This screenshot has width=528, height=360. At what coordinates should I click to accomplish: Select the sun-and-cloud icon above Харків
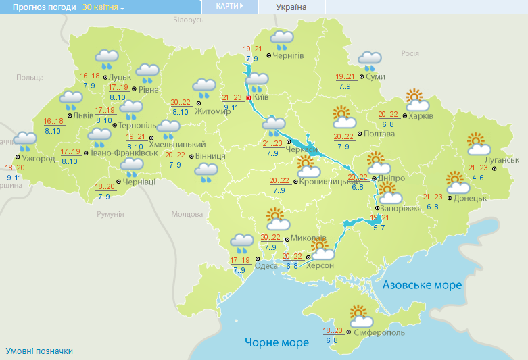417,101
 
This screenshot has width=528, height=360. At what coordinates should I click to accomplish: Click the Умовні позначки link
39,351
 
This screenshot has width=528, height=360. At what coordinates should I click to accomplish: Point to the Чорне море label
277,342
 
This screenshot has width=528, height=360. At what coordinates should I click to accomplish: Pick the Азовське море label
423,286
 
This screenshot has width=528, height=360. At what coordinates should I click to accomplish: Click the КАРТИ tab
230,6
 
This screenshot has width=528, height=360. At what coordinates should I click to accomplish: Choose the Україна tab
291,7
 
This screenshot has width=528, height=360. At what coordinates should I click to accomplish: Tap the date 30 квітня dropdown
103,7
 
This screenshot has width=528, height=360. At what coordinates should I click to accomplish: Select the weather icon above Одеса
241,242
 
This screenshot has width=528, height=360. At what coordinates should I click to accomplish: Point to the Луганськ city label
502,159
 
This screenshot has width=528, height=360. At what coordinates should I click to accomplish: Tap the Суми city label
375,76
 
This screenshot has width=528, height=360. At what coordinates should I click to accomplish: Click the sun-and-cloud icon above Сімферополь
362,315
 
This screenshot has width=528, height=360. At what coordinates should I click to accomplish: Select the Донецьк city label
471,198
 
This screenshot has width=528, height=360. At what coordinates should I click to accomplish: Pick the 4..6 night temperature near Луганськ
478,178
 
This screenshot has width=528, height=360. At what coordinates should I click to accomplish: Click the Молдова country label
187,214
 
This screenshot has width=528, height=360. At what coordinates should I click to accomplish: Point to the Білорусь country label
188,20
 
